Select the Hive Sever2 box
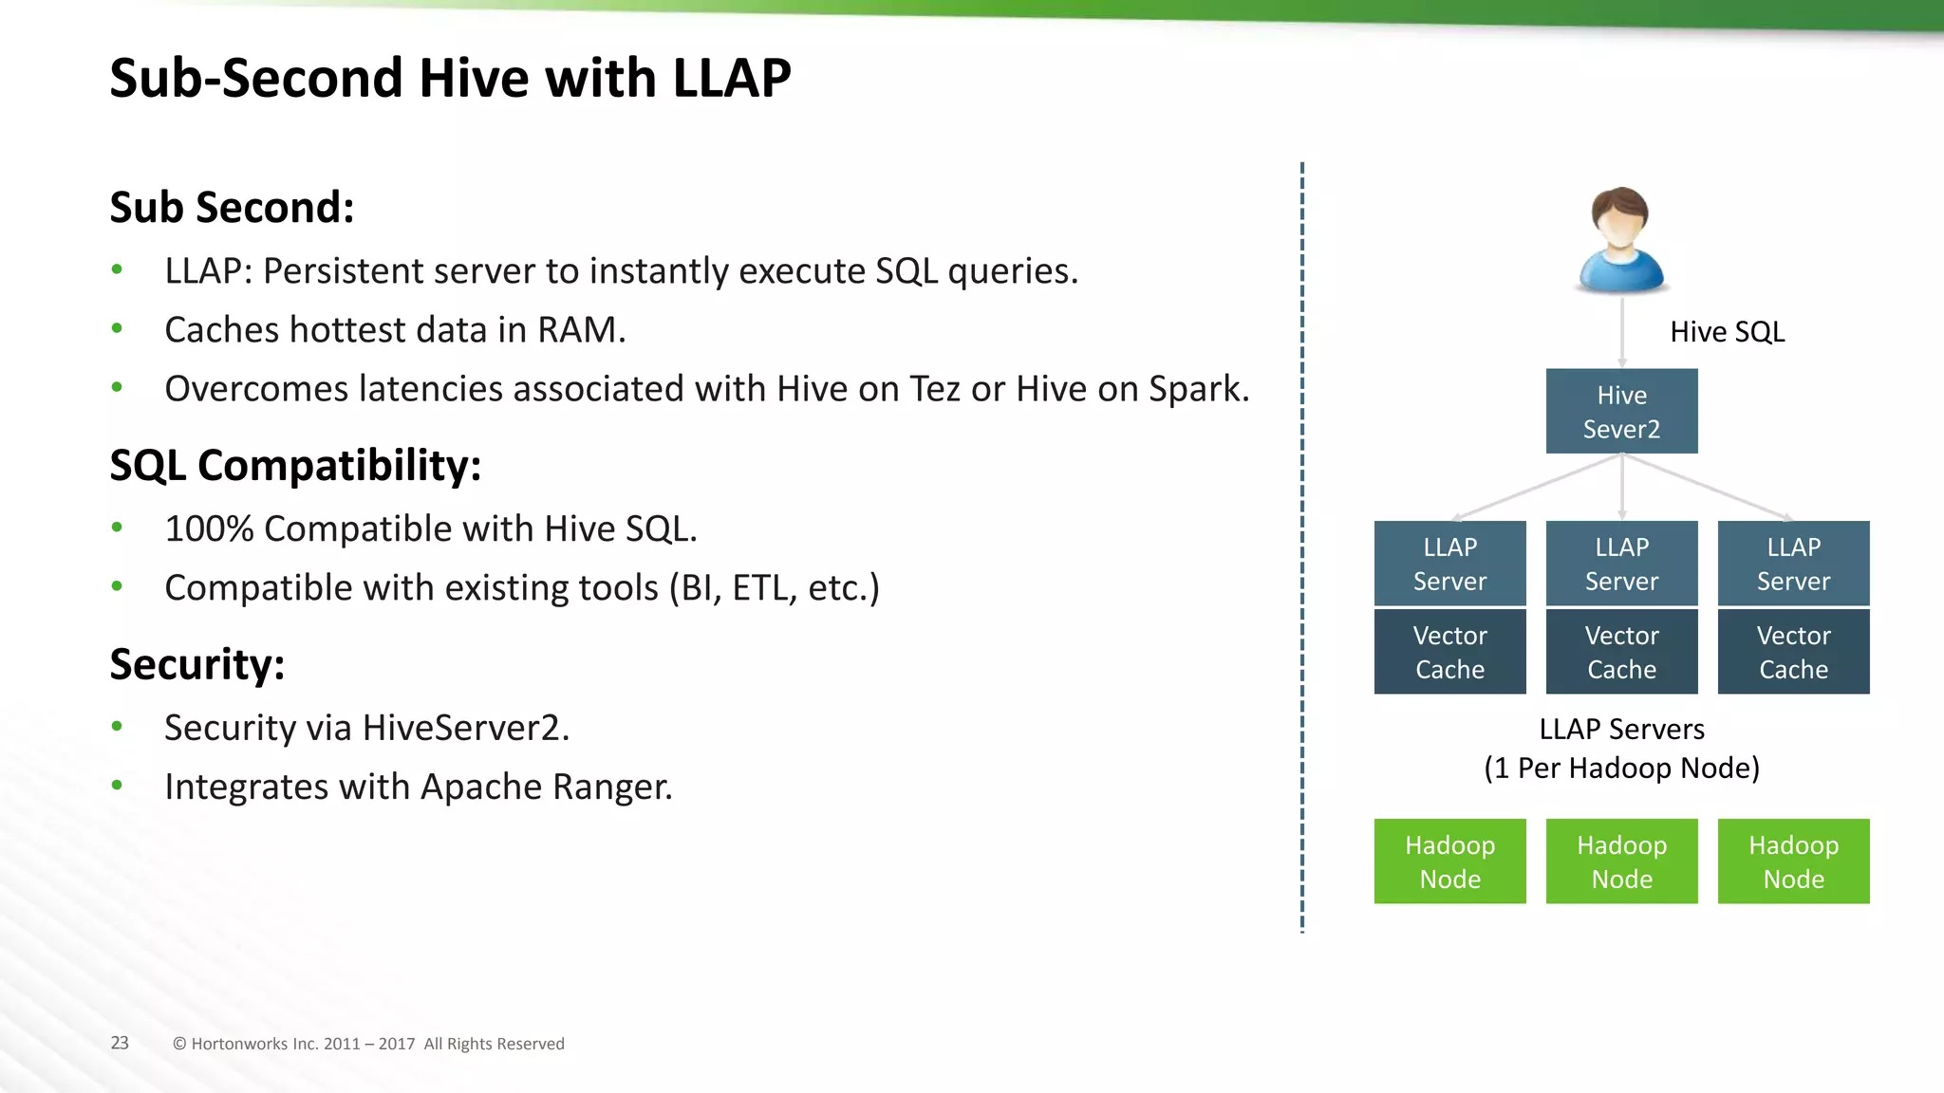coord(1621,412)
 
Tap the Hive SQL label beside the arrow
coord(1727,332)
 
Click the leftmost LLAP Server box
coord(1449,564)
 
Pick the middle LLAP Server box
coord(1621,564)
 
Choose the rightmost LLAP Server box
coord(1793,564)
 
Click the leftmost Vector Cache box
coord(1449,652)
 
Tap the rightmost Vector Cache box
coord(1793,652)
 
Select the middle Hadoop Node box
coord(1621,861)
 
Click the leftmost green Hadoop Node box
coord(1449,861)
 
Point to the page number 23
coord(120,1043)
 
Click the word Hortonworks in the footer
coord(238,1044)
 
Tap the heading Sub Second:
coord(232,207)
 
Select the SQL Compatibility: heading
coord(295,465)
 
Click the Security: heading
coord(196,663)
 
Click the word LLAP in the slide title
coord(731,78)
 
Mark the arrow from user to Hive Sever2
coord(1621,332)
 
